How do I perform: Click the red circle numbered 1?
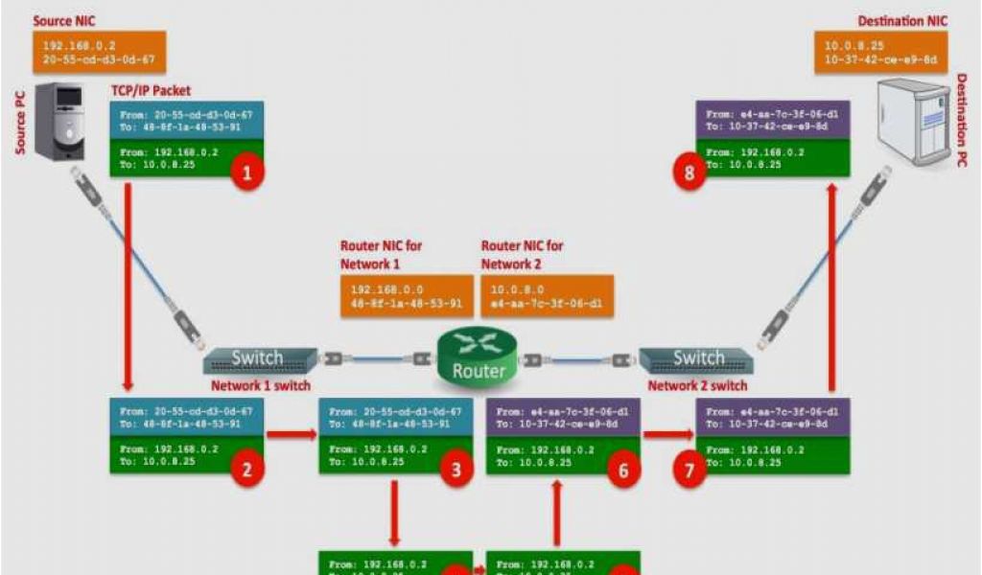pos(247,172)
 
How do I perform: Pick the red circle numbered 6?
pos(623,470)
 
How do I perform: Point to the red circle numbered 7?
pos(688,470)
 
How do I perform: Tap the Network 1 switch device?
pos(259,359)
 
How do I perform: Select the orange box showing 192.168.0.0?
pos(407,296)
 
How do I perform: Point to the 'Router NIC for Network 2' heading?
pos(522,254)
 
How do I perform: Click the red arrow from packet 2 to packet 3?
pos(292,434)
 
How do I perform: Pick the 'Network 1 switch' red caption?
pos(260,385)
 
